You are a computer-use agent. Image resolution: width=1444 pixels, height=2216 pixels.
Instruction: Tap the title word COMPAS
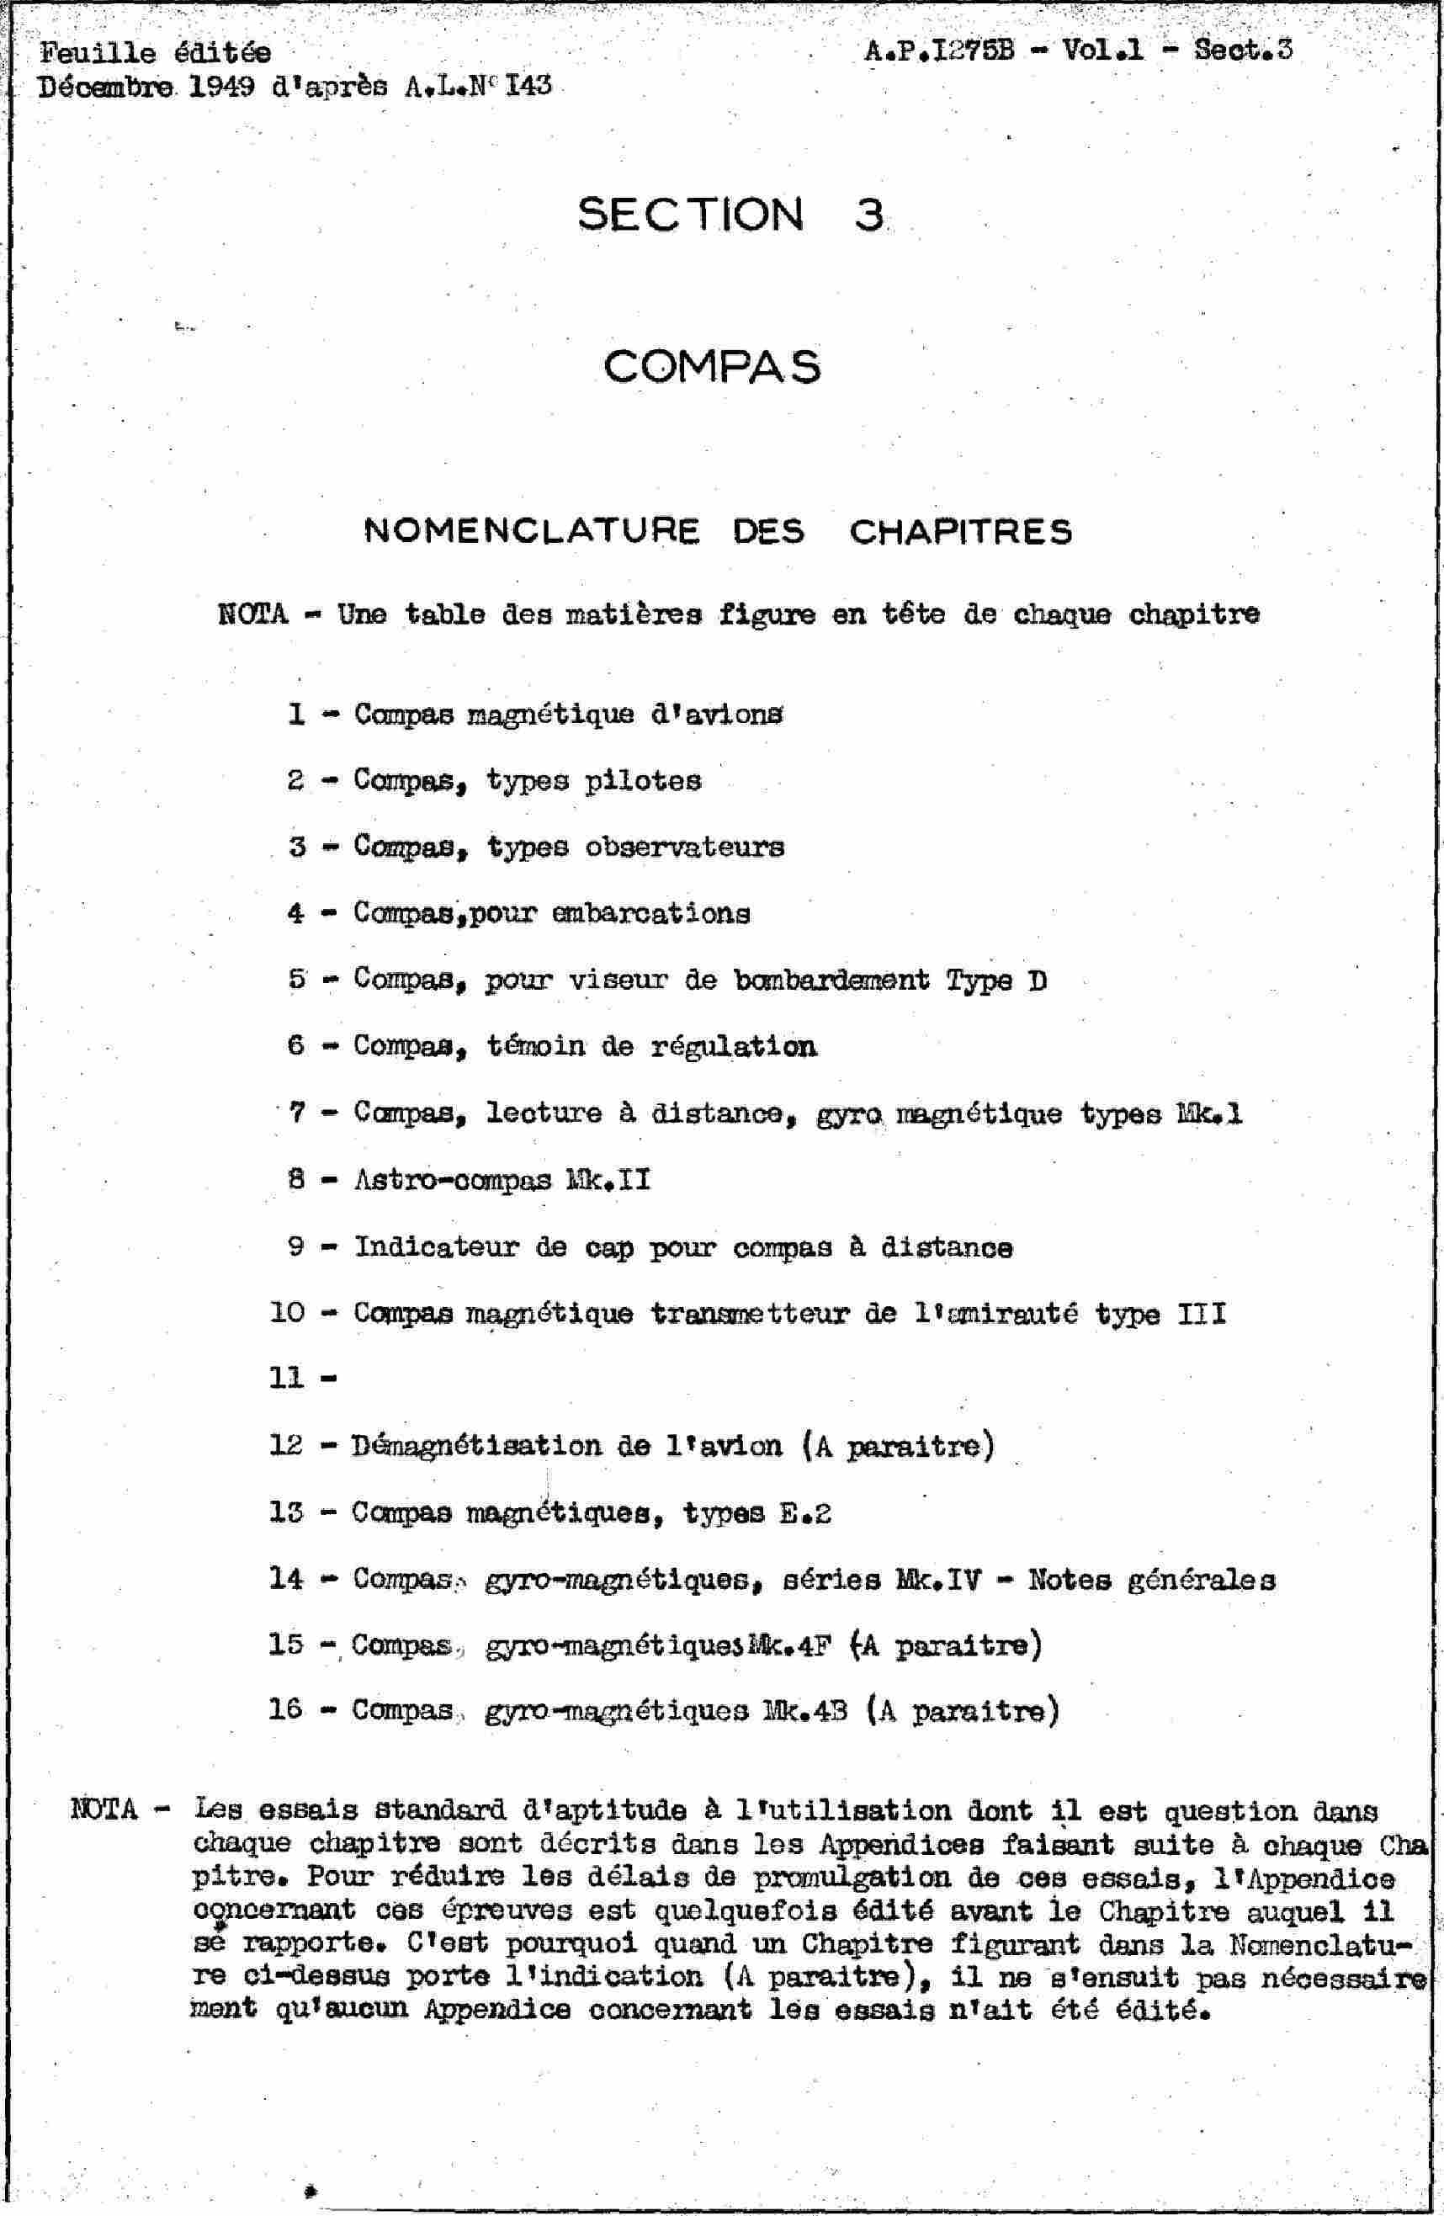712,366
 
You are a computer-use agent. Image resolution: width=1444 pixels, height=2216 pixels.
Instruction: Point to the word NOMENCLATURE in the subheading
531,531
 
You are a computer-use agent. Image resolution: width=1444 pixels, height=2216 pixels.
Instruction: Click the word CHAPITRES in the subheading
961,532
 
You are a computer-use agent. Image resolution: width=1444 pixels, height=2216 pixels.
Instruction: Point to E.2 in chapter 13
803,1513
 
